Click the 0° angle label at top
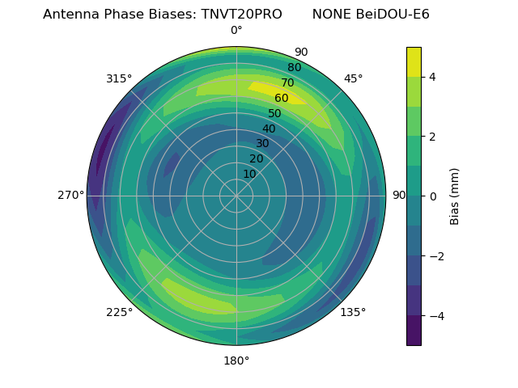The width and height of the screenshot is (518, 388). pos(236,31)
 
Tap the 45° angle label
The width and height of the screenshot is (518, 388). pos(353,78)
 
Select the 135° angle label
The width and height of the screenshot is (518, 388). pos(353,312)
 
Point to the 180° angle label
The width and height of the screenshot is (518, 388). pos(236,361)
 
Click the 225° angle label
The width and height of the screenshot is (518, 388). pos(119,313)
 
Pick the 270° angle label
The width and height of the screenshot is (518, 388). pos(70,195)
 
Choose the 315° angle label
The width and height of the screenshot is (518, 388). pos(119,78)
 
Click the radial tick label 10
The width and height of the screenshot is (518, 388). pos(249,174)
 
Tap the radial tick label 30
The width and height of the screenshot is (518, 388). pos(262,143)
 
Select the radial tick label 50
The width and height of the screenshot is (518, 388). pos(275,113)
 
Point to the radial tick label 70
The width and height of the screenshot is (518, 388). pos(288,82)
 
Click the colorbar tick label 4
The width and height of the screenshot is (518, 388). pos(432,77)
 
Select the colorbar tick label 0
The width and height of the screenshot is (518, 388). pos(432,196)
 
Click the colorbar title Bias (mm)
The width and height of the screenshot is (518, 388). pos(455,196)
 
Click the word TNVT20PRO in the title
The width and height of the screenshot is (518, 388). pos(241,15)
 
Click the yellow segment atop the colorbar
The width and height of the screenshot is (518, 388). pos(414,61)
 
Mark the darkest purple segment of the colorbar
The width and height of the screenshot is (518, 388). pos(414,331)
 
